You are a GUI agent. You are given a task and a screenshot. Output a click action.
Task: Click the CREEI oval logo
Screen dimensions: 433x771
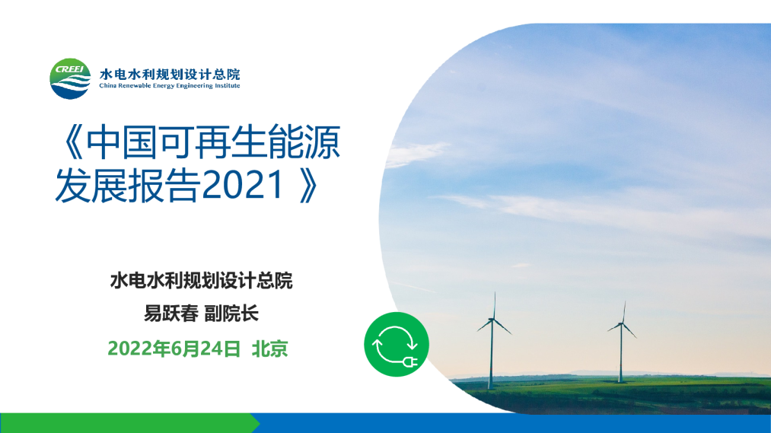click(70, 78)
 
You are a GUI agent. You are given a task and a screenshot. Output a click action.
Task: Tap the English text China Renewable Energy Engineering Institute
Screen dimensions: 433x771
click(170, 86)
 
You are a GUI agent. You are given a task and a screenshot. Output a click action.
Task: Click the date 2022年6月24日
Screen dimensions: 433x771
click(174, 349)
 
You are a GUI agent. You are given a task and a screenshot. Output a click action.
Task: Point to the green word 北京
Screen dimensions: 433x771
click(269, 349)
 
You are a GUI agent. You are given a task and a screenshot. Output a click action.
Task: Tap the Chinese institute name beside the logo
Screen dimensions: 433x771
click(170, 74)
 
